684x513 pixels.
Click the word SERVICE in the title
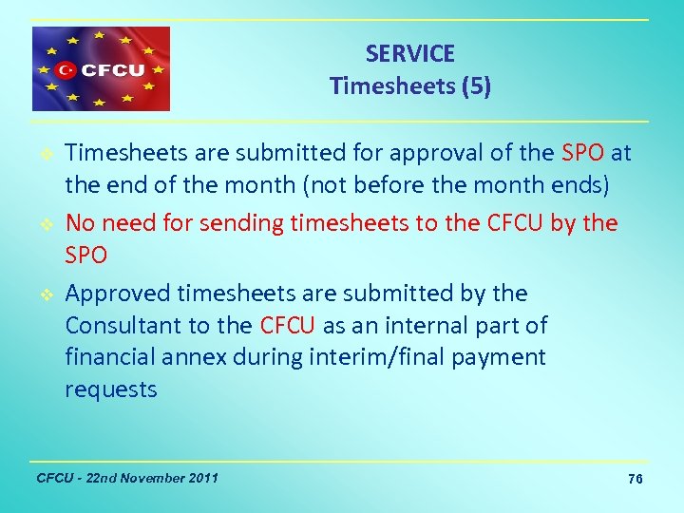click(x=410, y=54)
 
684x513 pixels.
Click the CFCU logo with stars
click(x=102, y=69)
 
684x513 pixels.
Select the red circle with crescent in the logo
click(x=66, y=69)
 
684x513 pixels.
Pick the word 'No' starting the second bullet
click(x=80, y=223)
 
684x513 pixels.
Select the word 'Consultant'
click(x=124, y=326)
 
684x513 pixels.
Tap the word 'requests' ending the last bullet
click(x=111, y=390)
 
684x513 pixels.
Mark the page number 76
click(x=636, y=480)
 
